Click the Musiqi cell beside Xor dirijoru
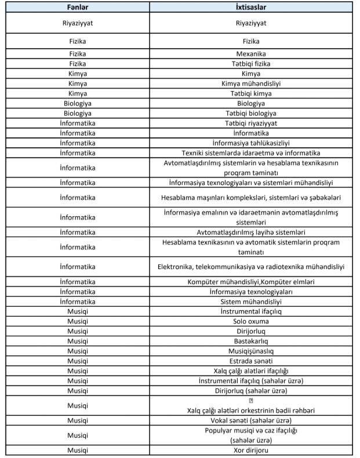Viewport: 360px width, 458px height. (x=78, y=450)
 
